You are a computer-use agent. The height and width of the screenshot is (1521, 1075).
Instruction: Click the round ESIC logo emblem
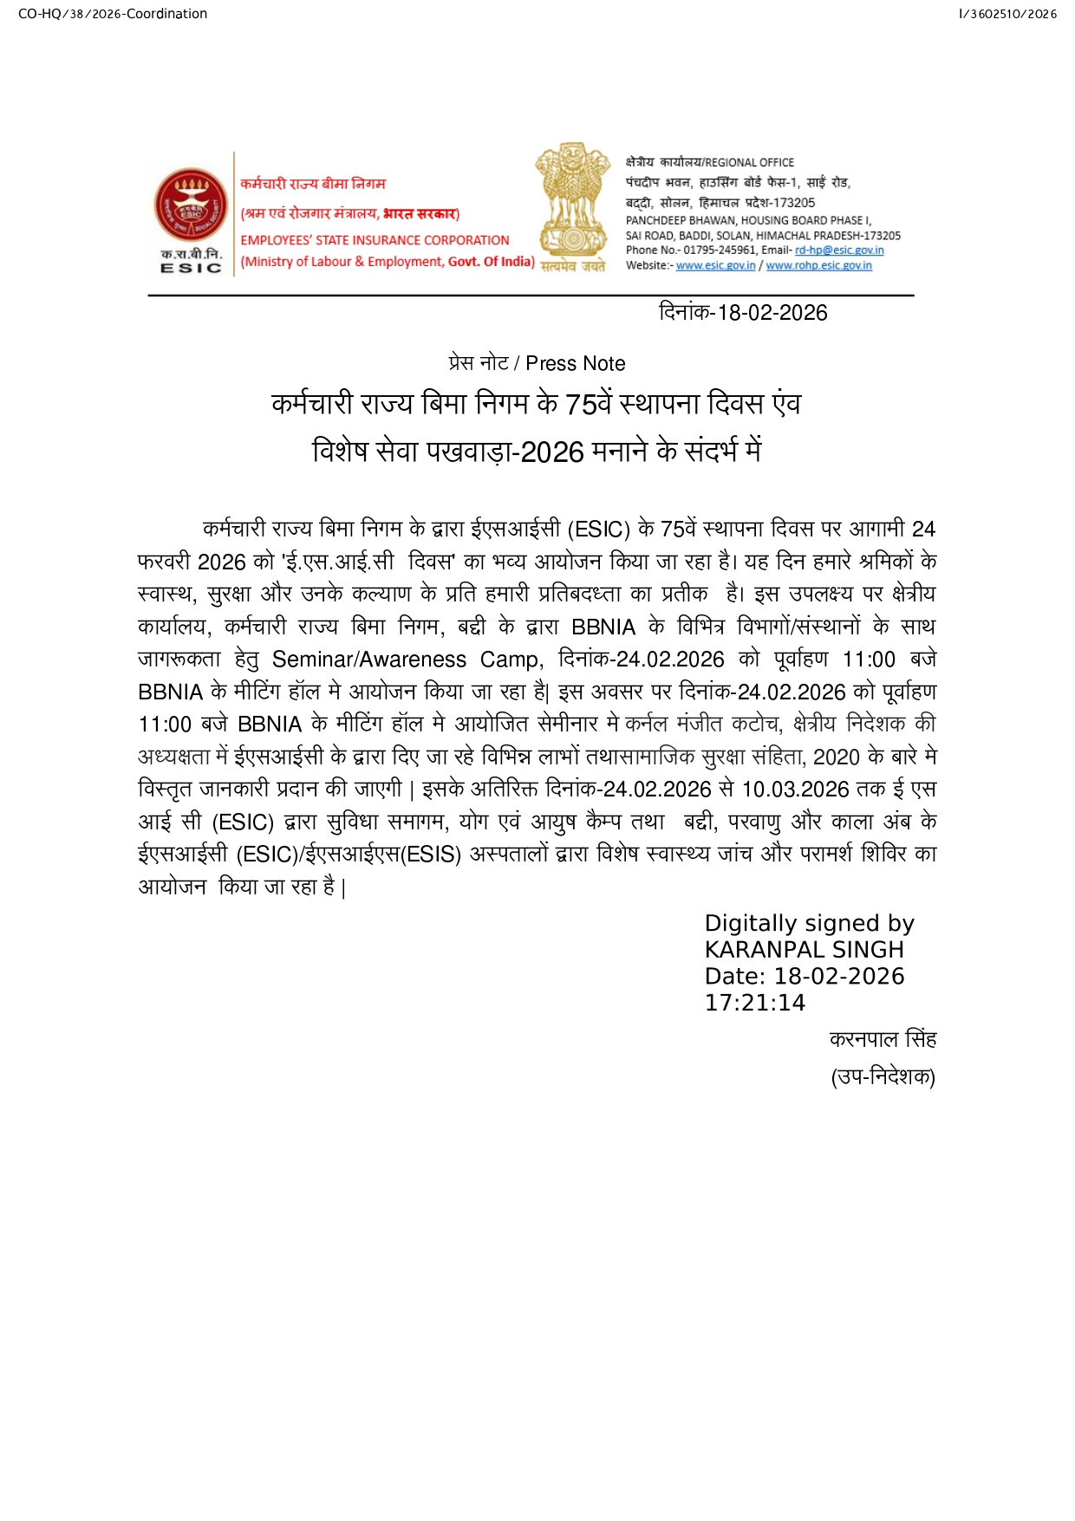[x=190, y=205]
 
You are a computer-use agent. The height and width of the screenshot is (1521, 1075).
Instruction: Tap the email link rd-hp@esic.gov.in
[x=839, y=250]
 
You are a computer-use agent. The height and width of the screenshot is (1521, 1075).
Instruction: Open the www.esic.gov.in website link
[x=715, y=266]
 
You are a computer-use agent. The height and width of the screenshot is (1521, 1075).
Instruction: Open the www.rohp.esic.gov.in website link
[x=818, y=266]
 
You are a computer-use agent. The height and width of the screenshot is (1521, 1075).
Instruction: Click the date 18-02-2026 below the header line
[x=772, y=313]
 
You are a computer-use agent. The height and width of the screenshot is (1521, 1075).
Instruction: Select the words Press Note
[x=576, y=363]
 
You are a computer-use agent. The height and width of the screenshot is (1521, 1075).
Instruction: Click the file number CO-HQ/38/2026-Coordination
[x=113, y=14]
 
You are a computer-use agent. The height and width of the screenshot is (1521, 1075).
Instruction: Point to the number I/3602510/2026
[x=1007, y=14]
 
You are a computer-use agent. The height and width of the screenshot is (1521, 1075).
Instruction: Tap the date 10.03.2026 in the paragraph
[x=795, y=790]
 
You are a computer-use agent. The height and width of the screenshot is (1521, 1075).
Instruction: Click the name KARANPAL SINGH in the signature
[x=804, y=950]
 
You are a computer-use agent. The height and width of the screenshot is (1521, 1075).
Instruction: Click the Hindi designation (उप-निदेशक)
[x=883, y=1076]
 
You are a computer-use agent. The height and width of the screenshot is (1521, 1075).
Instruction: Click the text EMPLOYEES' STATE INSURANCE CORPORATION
[x=375, y=240]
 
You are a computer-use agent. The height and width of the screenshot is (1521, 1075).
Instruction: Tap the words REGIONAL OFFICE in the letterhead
[x=749, y=162]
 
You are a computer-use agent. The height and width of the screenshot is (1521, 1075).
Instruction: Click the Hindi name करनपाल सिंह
[x=883, y=1039]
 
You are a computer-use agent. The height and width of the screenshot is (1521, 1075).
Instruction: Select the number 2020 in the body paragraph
[x=836, y=757]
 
